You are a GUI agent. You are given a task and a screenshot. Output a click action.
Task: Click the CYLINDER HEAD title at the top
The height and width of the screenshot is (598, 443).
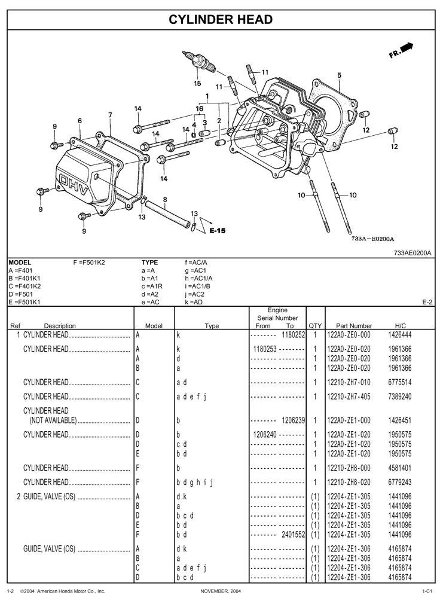pyautogui.click(x=221, y=20)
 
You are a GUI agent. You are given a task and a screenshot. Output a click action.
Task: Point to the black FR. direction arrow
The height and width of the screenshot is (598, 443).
pyautogui.click(x=407, y=48)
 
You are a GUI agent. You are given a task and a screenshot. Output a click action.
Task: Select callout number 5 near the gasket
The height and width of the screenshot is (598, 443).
pyautogui.click(x=339, y=75)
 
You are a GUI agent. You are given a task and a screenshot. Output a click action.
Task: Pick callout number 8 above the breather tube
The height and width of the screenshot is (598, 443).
pyautogui.click(x=165, y=199)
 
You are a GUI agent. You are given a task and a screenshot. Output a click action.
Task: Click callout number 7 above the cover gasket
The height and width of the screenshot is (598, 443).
pyautogui.click(x=110, y=114)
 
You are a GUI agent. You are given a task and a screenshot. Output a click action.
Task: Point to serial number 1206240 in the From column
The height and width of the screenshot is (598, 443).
pyautogui.click(x=264, y=434)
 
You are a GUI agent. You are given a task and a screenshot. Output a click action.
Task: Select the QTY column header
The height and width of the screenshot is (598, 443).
pyautogui.click(x=315, y=326)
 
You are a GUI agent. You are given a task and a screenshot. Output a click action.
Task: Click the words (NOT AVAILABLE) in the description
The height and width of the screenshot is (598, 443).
pyautogui.click(x=53, y=420)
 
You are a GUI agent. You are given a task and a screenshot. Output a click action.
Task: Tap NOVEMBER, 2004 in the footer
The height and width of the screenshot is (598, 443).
pyautogui.click(x=221, y=591)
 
